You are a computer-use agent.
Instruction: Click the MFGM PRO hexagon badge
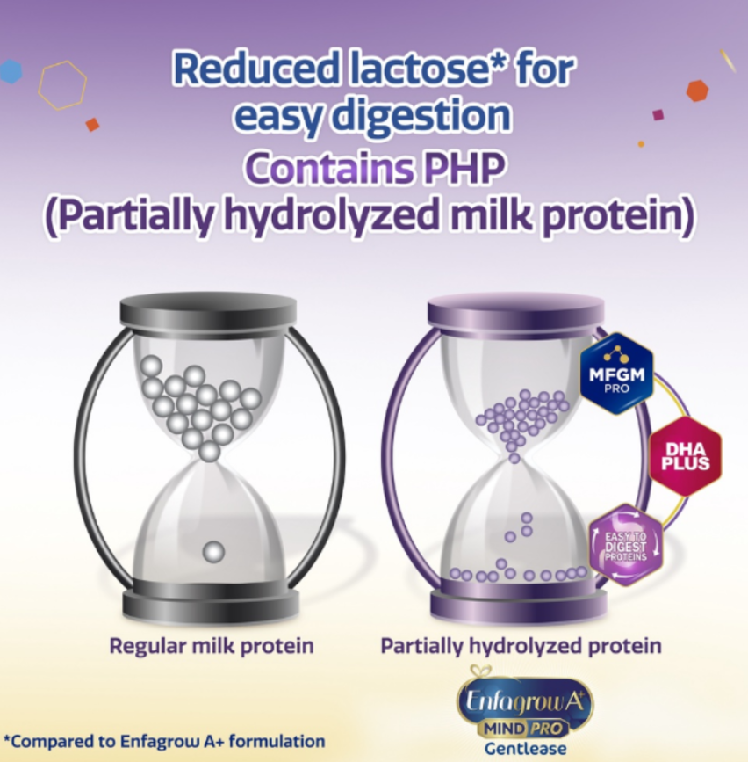tap(616, 374)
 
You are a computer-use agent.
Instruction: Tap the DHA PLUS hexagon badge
tap(686, 456)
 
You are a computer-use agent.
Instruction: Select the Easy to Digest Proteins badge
tap(626, 545)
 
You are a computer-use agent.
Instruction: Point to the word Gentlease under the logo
tap(525, 749)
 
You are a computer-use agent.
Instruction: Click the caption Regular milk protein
tap(212, 646)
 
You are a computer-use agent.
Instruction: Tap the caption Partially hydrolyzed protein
tap(521, 646)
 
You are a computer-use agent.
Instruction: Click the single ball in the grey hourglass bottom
tap(213, 552)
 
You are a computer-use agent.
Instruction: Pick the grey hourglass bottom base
tap(211, 599)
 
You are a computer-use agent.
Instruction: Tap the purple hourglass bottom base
tap(518, 599)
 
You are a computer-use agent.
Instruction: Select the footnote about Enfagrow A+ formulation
tap(164, 742)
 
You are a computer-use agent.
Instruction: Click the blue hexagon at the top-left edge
tap(11, 71)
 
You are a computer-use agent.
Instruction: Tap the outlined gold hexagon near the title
tap(62, 85)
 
